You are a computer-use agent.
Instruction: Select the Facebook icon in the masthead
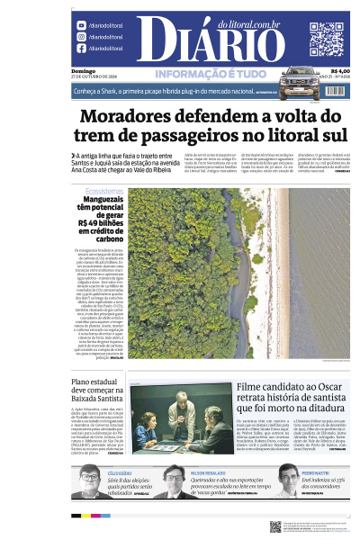tap(81, 49)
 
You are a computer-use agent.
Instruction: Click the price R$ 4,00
tap(340, 72)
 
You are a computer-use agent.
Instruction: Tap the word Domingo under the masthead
tap(84, 71)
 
